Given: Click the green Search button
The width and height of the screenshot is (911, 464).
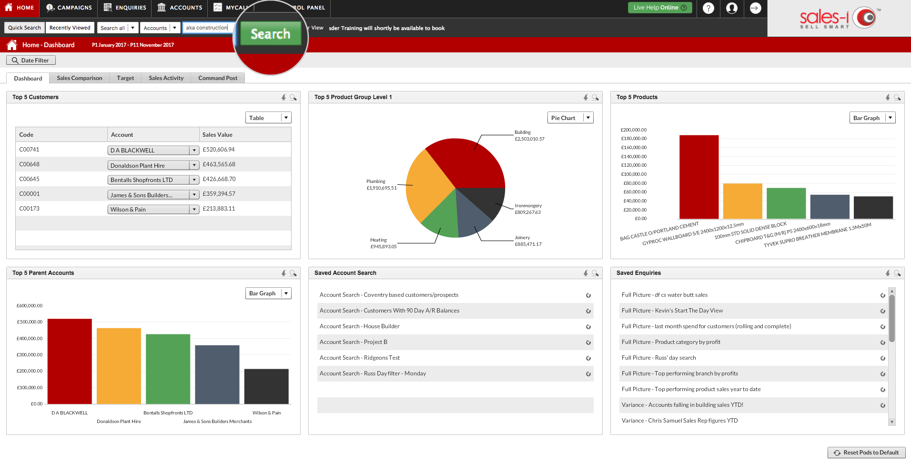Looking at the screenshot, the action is (271, 34).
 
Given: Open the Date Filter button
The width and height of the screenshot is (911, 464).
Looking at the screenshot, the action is (31, 61).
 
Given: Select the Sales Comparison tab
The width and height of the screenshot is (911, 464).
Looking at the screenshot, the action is (80, 78).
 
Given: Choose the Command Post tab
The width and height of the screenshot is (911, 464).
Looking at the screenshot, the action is (218, 78).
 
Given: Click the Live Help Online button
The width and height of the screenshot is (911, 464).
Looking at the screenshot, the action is (660, 8).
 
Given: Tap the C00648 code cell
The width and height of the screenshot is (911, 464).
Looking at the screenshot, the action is (30, 164).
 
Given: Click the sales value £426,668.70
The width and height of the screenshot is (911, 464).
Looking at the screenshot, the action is (219, 179).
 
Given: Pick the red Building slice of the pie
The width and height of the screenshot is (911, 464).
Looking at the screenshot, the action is (469, 162).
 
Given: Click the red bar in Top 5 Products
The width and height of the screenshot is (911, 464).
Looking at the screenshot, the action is (699, 177).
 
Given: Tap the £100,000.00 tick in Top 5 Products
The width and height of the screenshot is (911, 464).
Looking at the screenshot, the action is (634, 174).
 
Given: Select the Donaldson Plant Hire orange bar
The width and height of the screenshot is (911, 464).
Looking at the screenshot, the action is (119, 366).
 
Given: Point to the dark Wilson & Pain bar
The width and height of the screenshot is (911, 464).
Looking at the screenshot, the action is (266, 386).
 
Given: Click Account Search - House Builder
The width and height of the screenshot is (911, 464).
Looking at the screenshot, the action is (360, 326).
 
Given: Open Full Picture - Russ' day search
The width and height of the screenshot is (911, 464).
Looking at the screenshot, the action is (658, 358).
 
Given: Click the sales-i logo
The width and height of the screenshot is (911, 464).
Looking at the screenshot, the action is (839, 19).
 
